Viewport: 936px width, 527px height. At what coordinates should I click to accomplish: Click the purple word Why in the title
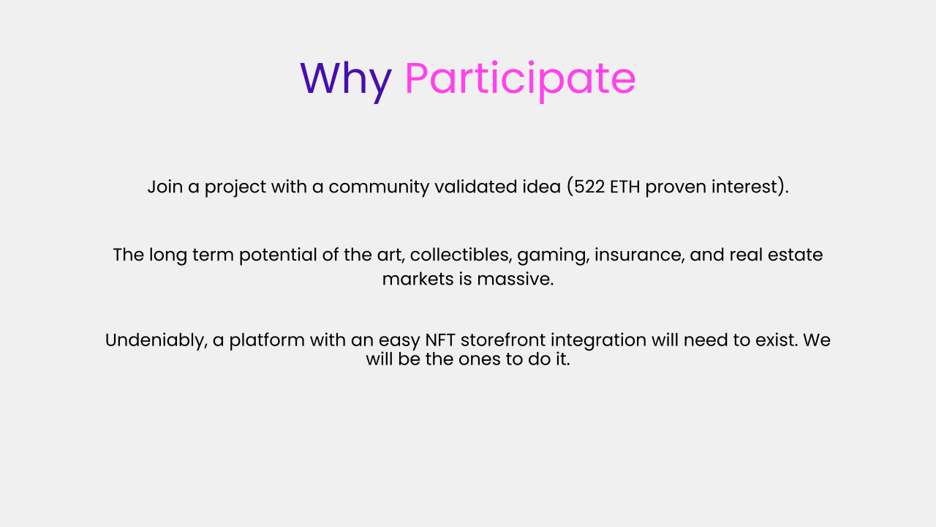pyautogui.click(x=346, y=81)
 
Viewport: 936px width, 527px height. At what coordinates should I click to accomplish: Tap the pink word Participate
pyautogui.click(x=520, y=81)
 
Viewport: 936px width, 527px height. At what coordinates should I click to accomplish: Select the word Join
pyautogui.click(x=165, y=187)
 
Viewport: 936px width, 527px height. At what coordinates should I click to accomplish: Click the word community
pyautogui.click(x=379, y=187)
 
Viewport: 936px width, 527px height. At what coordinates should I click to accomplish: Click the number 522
pyautogui.click(x=589, y=187)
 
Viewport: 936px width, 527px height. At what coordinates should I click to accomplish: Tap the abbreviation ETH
pyautogui.click(x=624, y=187)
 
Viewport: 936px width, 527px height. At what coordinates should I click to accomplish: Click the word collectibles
pyautogui.click(x=461, y=255)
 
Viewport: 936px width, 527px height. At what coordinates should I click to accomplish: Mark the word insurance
pyautogui.click(x=639, y=255)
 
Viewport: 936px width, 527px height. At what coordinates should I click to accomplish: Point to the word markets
pyautogui.click(x=418, y=279)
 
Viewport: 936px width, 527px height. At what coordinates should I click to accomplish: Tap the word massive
pyautogui.click(x=516, y=279)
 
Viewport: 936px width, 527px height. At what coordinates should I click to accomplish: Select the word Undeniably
pyautogui.click(x=156, y=340)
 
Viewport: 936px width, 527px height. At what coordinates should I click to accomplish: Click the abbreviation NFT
pyautogui.click(x=440, y=340)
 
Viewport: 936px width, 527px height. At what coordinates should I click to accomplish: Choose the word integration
pyautogui.click(x=598, y=341)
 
